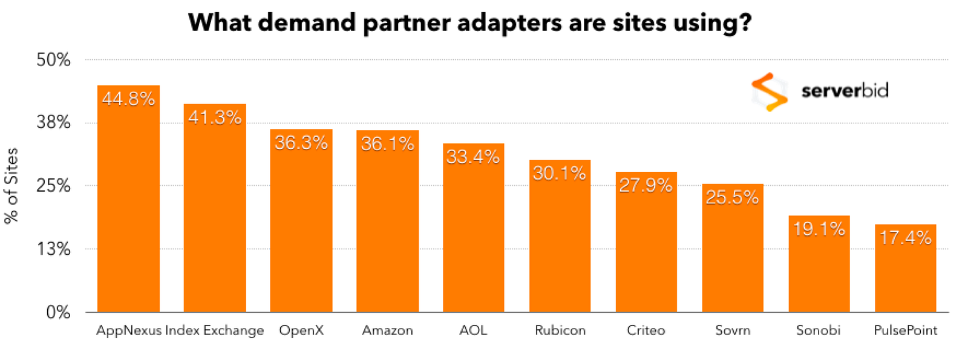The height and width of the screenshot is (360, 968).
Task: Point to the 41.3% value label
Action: [x=215, y=117]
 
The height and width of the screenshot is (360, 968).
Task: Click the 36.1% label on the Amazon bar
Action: [x=387, y=143]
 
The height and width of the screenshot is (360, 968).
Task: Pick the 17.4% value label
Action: [x=905, y=238]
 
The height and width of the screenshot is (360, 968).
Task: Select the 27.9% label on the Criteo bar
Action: [x=646, y=185]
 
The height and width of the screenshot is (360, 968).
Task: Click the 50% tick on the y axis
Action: [x=54, y=60]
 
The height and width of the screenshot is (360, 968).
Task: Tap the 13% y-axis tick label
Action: [x=54, y=249]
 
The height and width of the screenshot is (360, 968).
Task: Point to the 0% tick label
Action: [x=58, y=312]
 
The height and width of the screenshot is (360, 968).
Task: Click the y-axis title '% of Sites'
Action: [x=11, y=186]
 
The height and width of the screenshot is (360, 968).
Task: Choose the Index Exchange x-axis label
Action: [x=215, y=330]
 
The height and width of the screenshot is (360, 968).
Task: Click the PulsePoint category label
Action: [x=905, y=330]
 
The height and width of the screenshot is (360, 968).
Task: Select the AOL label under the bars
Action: [x=473, y=330]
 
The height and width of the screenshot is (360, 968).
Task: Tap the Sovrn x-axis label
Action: [x=733, y=330]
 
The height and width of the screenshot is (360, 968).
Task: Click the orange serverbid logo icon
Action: [x=769, y=92]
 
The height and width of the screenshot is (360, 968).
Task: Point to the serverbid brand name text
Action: [x=845, y=91]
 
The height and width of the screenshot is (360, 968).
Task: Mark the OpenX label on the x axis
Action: [x=301, y=330]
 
